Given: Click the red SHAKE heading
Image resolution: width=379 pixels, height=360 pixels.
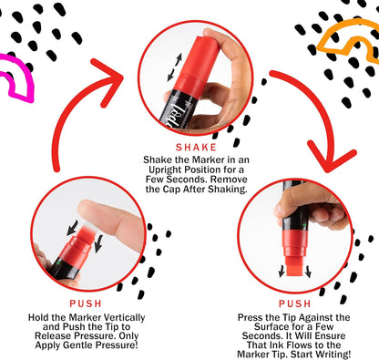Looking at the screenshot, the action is [196, 148].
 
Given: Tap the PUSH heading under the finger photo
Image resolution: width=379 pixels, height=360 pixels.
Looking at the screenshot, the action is [86, 303].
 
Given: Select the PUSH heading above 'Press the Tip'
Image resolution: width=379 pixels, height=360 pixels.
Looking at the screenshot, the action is [295, 303].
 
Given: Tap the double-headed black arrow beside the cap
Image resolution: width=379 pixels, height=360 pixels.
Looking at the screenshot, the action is [175, 67].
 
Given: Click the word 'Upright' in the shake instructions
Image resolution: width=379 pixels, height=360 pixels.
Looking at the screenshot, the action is [165, 170].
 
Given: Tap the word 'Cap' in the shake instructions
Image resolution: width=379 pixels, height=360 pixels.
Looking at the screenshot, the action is [171, 189].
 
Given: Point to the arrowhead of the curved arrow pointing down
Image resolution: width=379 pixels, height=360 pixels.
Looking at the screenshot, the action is [331, 157].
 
